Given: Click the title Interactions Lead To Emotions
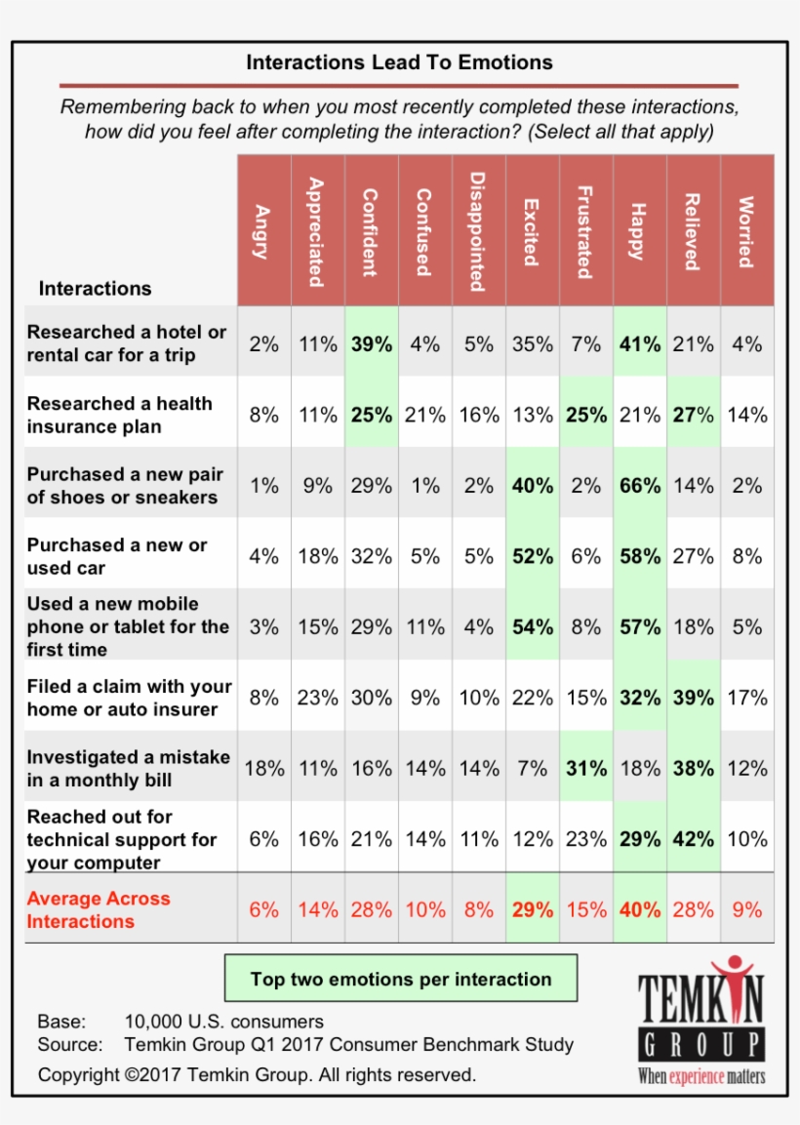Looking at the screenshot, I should point(399,62).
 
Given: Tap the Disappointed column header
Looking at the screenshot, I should point(478,231).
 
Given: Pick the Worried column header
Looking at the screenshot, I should point(746,231).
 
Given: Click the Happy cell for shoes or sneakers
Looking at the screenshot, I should point(640,486).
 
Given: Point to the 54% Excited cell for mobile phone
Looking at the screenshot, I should point(533,627).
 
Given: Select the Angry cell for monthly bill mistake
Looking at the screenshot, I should point(263,769).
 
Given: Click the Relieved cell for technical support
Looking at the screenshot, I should point(694,839).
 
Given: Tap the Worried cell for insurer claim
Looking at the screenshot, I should point(746,698).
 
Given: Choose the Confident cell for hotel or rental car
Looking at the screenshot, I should point(371,344).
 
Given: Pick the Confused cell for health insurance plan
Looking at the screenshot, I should point(424,415).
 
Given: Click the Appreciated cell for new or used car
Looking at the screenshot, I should point(317,556).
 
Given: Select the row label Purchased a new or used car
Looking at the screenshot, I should point(117,556).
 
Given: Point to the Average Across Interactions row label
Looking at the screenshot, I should point(99,909).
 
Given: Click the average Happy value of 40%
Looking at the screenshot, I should point(640,910).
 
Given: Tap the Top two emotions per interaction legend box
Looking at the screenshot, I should point(401,979).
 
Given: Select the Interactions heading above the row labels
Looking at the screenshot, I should point(95,288).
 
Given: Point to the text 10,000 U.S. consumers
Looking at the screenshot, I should point(224,1022).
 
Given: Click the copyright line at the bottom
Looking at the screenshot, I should point(257,1074).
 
